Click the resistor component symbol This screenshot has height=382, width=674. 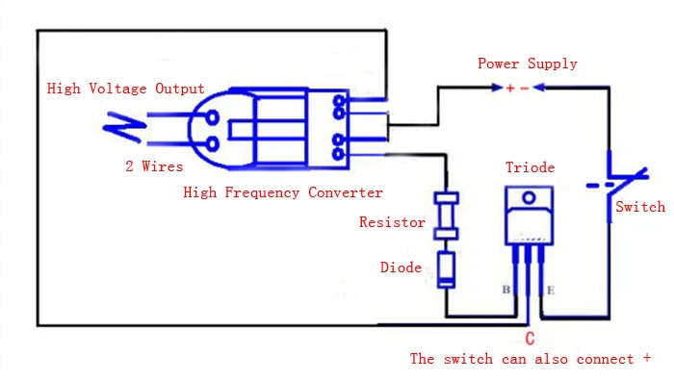(446, 216)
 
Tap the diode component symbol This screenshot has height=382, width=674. (446, 270)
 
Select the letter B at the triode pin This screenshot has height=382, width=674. (506, 290)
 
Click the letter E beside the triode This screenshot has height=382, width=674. (551, 291)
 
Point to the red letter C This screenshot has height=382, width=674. (530, 339)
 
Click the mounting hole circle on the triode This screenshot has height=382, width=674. (529, 198)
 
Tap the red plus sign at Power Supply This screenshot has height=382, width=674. (510, 89)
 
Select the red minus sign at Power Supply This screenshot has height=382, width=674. (525, 89)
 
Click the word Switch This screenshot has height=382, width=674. (640, 207)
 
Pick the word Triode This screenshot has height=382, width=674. (530, 167)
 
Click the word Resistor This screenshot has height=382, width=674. (392, 222)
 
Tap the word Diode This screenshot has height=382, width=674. (401, 267)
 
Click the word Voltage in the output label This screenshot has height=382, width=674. (117, 89)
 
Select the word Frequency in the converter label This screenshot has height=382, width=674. (262, 192)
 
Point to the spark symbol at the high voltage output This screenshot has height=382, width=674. (124, 126)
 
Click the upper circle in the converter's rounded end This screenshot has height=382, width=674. (213, 117)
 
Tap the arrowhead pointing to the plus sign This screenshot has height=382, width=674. (497, 88)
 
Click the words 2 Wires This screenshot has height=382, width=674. (154, 166)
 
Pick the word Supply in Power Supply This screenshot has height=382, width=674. (553, 64)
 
